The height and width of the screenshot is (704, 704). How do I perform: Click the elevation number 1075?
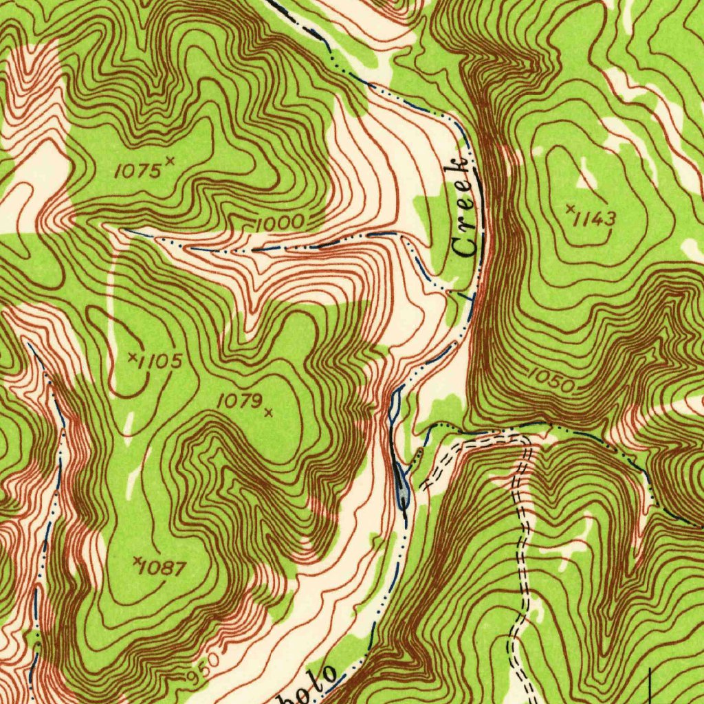coord(137,171)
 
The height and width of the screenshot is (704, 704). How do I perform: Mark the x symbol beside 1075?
coord(170,161)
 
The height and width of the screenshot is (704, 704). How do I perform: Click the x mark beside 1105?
coord(132,356)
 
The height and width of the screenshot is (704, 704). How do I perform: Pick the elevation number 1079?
coord(239,401)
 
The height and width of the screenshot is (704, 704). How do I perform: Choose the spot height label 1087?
coord(164,569)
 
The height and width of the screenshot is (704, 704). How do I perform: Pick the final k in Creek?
coord(459,166)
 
